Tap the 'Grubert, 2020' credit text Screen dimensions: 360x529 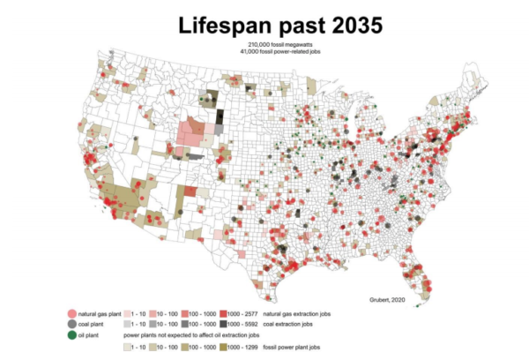coord(390,300)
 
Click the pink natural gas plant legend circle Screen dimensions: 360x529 coord(71,314)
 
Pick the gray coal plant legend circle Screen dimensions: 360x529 coord(71,325)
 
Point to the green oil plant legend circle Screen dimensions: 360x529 coord(71,335)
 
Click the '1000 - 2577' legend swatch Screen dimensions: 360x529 coord(227,314)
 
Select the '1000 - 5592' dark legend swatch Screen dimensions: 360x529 coord(227,325)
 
